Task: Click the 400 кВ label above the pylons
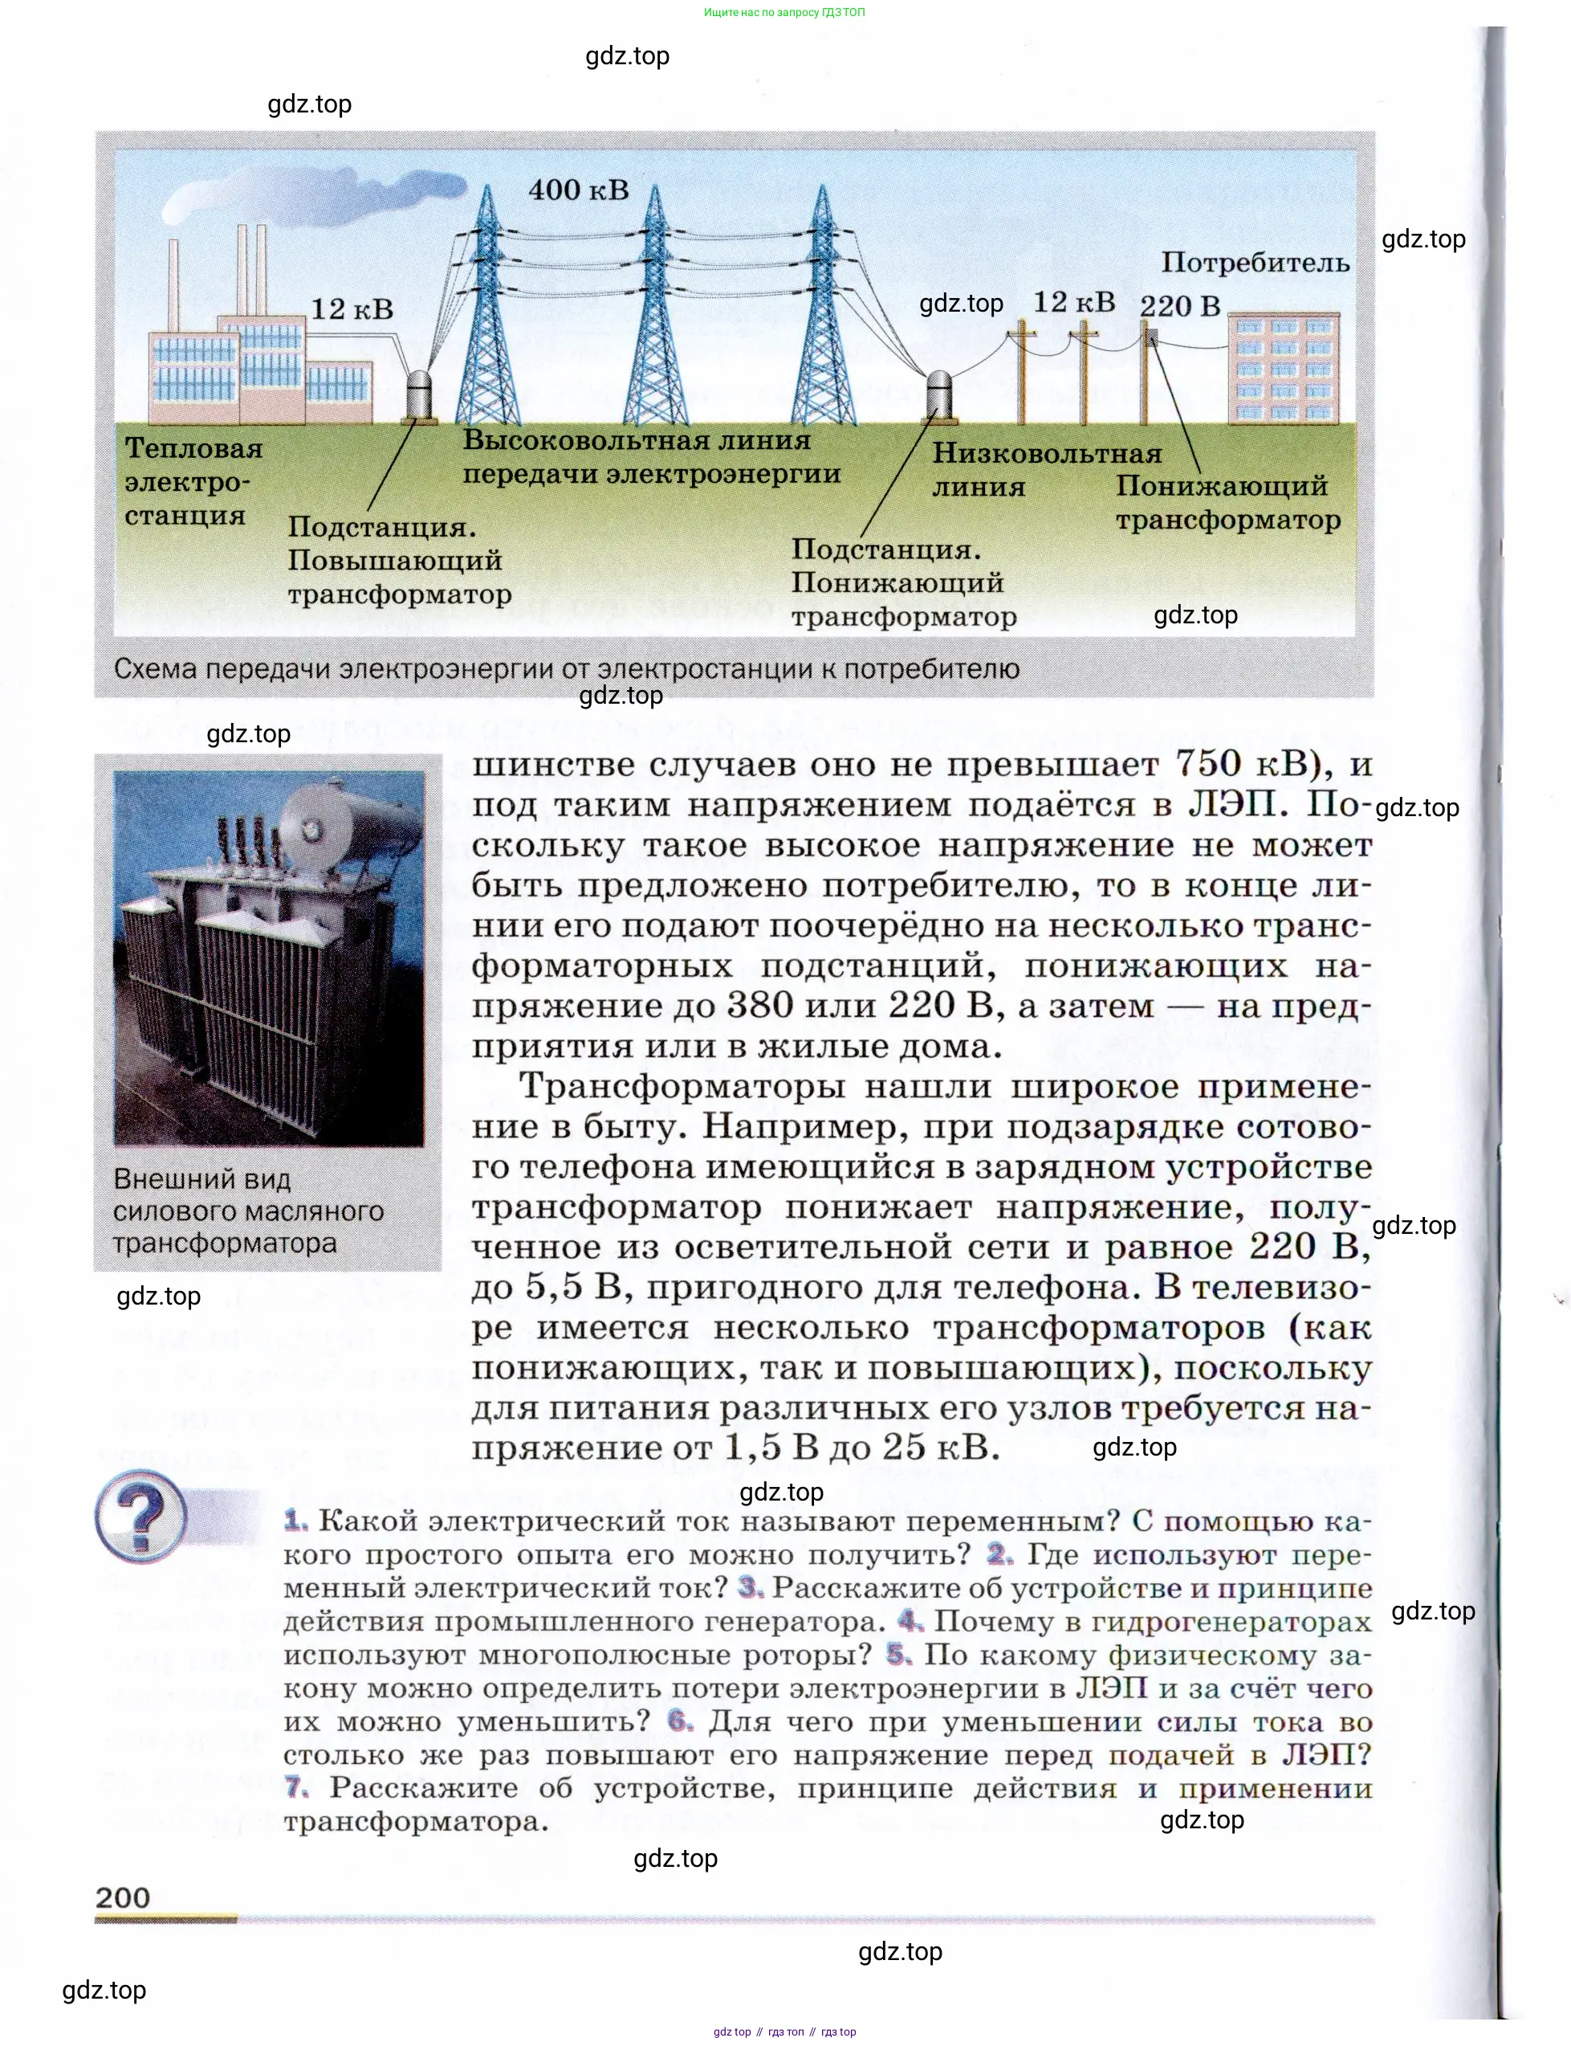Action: (578, 190)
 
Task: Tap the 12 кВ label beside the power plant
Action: (352, 308)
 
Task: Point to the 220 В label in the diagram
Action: (1180, 306)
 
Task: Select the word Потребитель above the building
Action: (1255, 263)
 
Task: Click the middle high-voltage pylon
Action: (654, 308)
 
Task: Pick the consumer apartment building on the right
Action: (1283, 368)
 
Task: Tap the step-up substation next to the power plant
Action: (419, 398)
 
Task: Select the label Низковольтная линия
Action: (1045, 470)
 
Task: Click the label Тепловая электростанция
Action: (193, 482)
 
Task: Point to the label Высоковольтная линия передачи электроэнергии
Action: (651, 456)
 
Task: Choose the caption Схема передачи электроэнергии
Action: (566, 669)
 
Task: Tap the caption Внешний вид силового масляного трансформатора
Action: (248, 1211)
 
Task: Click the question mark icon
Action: (141, 1517)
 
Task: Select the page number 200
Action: (123, 1897)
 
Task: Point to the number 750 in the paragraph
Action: (1207, 764)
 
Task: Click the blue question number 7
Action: (295, 1788)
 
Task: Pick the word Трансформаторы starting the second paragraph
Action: (682, 1086)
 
